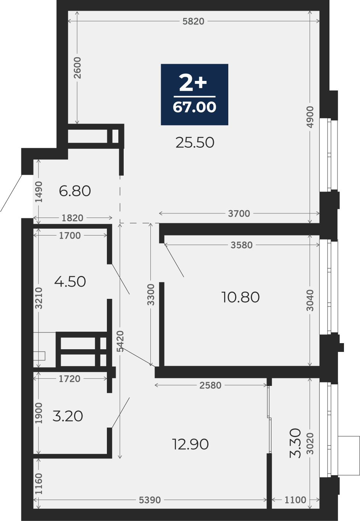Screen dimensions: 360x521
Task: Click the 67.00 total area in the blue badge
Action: [x=195, y=107]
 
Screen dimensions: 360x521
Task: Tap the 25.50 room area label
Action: [x=195, y=143]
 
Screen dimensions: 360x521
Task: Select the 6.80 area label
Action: [x=75, y=191]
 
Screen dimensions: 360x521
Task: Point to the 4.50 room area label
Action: [x=70, y=281]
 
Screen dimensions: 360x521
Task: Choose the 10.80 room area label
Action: [x=241, y=297]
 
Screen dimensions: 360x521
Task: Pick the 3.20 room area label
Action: [x=68, y=416]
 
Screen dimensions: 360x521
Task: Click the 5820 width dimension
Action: [x=194, y=21]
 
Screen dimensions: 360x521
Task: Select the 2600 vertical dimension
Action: [x=77, y=68]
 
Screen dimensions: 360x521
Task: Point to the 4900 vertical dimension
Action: [x=310, y=117]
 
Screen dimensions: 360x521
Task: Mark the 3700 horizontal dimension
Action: [x=239, y=213]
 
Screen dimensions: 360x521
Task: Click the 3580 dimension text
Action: [x=242, y=245]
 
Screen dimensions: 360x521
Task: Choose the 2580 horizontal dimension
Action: [x=210, y=386]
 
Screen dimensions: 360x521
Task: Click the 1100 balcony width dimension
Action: [x=295, y=500]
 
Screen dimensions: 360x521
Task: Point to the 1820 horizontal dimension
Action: [x=73, y=218]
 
